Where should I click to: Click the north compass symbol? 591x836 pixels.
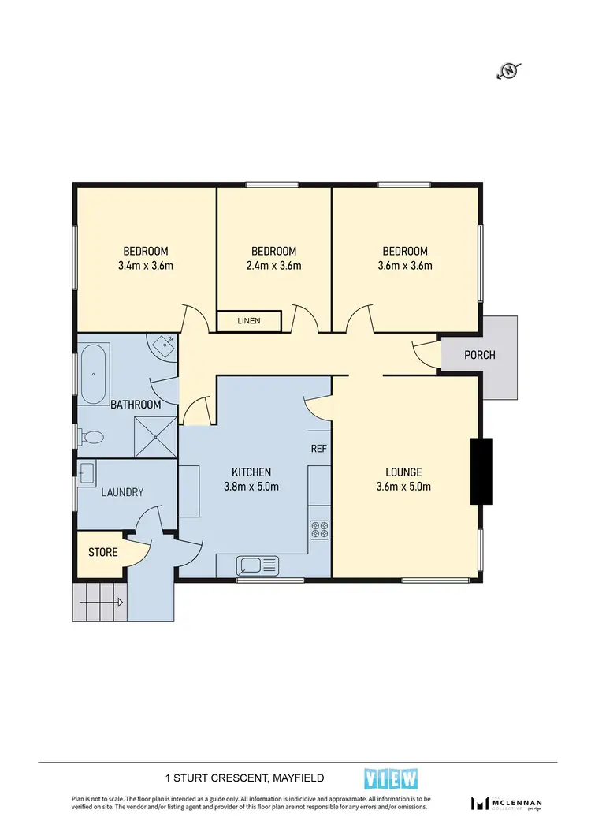(x=509, y=72)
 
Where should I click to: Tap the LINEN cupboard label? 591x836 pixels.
(x=249, y=321)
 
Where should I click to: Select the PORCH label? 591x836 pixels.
(x=479, y=355)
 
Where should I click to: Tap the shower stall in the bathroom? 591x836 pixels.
(x=154, y=435)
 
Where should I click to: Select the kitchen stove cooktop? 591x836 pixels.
(x=319, y=528)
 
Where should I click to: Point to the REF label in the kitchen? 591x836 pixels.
(x=318, y=448)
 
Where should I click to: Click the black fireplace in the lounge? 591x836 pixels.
(x=481, y=470)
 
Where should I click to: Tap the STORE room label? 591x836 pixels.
(x=103, y=552)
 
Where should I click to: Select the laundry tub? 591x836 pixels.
(x=87, y=472)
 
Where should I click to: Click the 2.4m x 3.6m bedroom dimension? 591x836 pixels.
(x=273, y=266)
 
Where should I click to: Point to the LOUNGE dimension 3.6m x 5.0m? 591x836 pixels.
(x=405, y=487)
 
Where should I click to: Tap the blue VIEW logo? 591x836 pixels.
(x=391, y=779)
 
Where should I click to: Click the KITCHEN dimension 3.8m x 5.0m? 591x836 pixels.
(x=252, y=487)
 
